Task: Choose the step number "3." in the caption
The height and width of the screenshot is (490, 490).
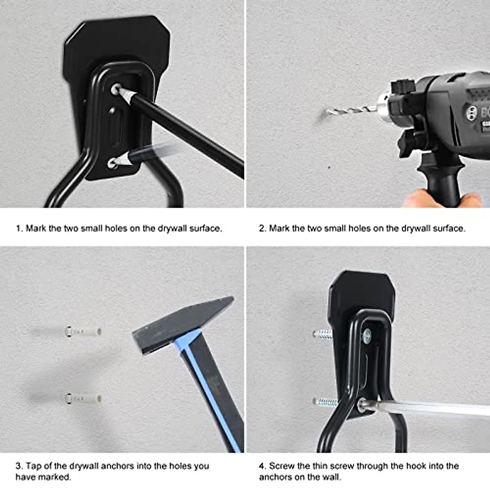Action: click(19, 466)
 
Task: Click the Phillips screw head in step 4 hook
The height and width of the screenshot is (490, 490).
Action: click(367, 336)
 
